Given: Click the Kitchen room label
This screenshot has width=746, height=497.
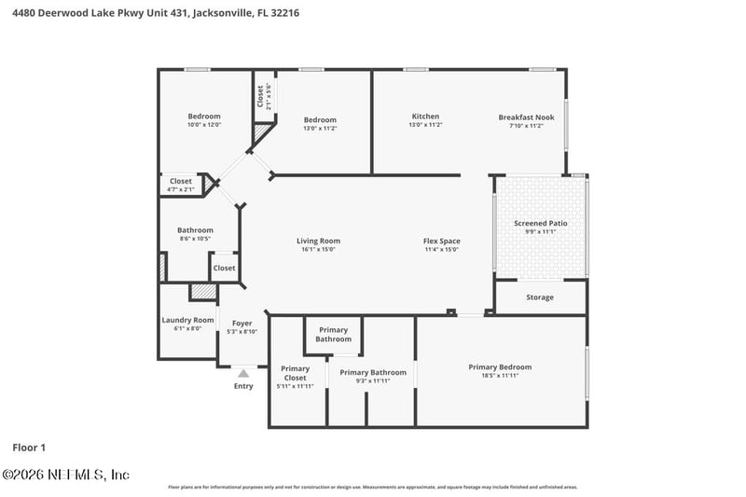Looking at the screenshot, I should [x=425, y=117].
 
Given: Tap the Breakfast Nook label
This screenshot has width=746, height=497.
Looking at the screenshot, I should [x=526, y=117].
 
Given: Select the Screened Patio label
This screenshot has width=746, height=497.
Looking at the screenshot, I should [x=540, y=224].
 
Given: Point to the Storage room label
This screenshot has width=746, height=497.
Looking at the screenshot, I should [x=540, y=297].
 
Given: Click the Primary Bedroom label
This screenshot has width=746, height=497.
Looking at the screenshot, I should [x=500, y=366].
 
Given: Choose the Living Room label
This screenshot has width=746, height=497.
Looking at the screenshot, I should [x=318, y=241].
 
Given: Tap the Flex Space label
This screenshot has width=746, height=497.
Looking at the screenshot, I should [x=441, y=241].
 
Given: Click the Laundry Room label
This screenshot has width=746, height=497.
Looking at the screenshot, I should [x=187, y=320].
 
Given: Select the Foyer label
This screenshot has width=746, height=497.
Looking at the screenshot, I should [x=242, y=324].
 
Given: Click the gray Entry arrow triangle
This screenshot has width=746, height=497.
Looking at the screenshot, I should [x=242, y=373].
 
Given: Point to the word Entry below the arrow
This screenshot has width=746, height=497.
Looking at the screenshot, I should [x=242, y=386].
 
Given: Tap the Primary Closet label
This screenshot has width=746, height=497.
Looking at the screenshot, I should [x=295, y=373].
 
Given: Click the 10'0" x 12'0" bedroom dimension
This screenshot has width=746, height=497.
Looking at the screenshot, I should [x=204, y=125].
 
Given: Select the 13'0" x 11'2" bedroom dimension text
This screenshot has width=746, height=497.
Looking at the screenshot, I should [x=320, y=129].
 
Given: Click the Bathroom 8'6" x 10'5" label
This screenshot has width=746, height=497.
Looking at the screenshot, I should [x=195, y=234].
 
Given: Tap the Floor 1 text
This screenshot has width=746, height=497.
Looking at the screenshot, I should [x=29, y=448].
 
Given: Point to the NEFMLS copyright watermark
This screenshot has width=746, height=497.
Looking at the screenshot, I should [x=65, y=475].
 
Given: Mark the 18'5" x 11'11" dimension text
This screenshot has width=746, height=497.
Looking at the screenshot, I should [x=500, y=375].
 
